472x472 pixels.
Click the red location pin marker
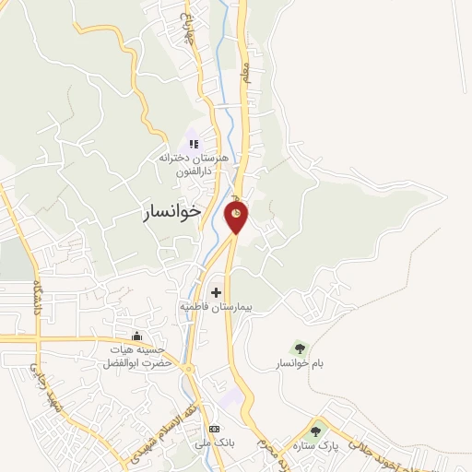point(236,217)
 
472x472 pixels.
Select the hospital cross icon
point(217,292)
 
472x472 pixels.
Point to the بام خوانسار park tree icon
point(299,348)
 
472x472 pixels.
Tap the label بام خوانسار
point(301,365)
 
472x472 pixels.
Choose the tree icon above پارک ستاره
point(316,431)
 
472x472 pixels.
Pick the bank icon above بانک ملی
point(214,429)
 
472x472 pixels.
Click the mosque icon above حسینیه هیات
point(137,336)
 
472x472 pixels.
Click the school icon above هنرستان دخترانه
point(194,144)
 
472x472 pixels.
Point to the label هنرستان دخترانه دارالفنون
point(196,163)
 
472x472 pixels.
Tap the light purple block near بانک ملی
point(232,398)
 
